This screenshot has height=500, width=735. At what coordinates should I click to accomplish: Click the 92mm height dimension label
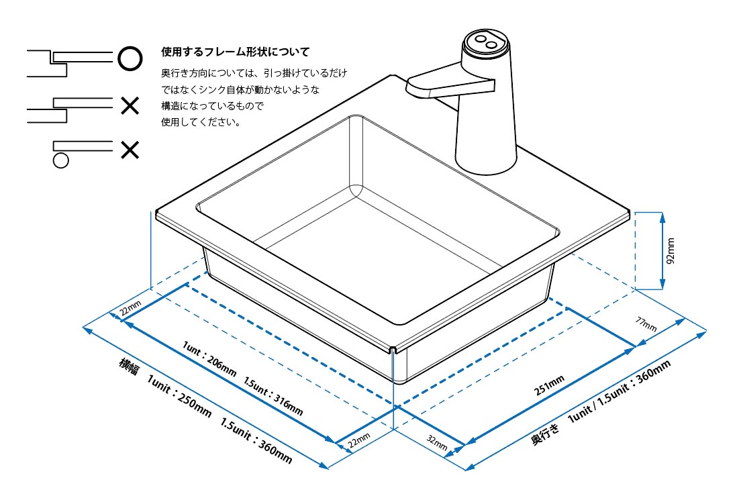coord(671,250)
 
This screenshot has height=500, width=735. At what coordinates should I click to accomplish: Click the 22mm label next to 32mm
coord(358,440)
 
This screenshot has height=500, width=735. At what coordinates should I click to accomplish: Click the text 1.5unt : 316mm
coord(274,397)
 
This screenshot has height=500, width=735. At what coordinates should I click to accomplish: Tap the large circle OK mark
coord(130,58)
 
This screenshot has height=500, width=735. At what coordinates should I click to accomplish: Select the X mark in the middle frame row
coord(130,105)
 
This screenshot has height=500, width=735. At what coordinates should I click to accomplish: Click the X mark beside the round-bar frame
coord(130,149)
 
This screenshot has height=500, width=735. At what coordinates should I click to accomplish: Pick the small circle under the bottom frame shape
coord(61,160)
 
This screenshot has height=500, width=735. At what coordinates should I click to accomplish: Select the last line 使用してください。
coord(201,123)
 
